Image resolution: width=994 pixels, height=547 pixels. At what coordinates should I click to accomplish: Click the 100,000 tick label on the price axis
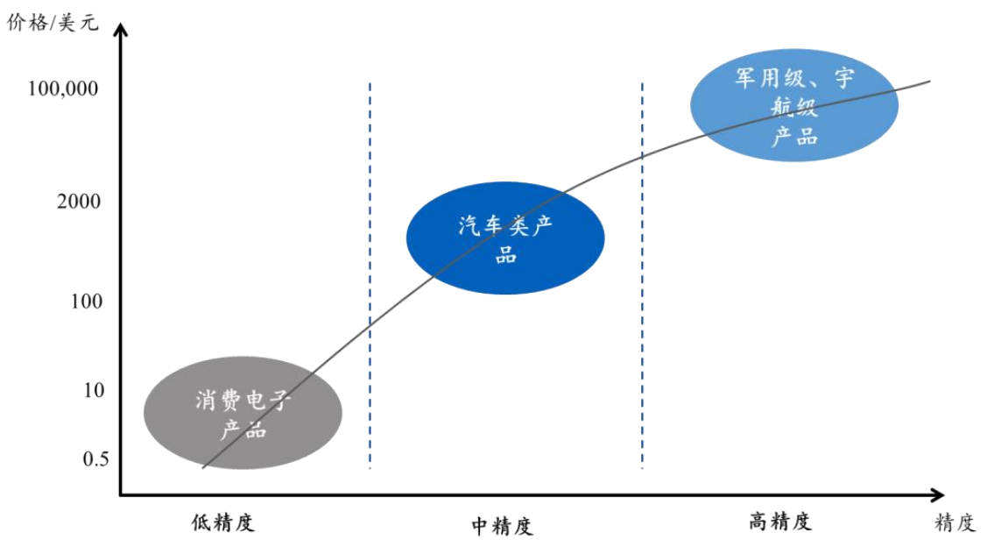[x=63, y=89]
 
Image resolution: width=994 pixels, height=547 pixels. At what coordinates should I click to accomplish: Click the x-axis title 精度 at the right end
[x=955, y=523]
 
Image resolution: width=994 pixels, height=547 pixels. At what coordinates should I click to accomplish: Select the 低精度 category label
[x=223, y=522]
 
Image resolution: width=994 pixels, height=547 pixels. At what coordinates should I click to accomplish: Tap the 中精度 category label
[x=503, y=526]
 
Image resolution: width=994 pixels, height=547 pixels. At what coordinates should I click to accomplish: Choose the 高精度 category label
[x=780, y=522]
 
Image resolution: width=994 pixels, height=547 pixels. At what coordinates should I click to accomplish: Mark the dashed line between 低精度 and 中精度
[x=370, y=351]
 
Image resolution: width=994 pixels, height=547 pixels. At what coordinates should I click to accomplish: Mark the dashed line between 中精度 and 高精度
[x=642, y=351]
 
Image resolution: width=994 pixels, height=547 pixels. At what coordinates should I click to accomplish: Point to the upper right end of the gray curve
[x=928, y=82]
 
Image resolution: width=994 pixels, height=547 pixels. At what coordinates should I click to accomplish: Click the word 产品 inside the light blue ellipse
[x=794, y=137]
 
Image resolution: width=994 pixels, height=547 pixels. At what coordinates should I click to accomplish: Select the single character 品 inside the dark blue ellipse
[x=505, y=256]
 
